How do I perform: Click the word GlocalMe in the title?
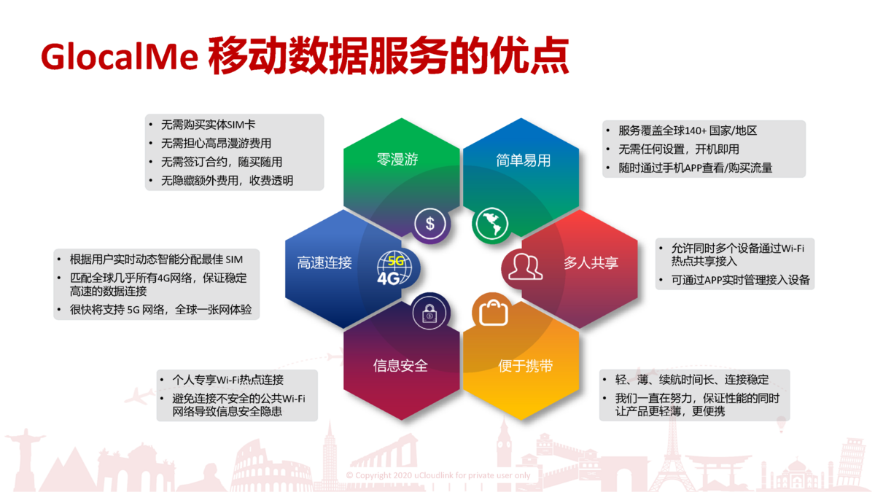pyautogui.click(x=120, y=57)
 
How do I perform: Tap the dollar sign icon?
pyautogui.click(x=429, y=224)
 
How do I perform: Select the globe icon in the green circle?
pyautogui.click(x=491, y=224)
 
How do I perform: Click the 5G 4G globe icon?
pyautogui.click(x=394, y=268)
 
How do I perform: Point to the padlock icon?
pyautogui.click(x=429, y=313)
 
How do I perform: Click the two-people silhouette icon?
pyautogui.click(x=524, y=267)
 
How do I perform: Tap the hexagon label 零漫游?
pyautogui.click(x=397, y=160)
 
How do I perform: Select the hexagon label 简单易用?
pyautogui.click(x=523, y=160)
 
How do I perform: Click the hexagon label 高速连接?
pyautogui.click(x=324, y=263)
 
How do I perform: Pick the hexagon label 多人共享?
pyautogui.click(x=591, y=262)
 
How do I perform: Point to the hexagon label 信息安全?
pyautogui.click(x=400, y=366)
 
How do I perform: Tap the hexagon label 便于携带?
pyautogui.click(x=526, y=366)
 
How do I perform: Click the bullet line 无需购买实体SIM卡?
pyautogui.click(x=208, y=125)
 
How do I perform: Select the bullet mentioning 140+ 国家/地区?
pyautogui.click(x=688, y=130)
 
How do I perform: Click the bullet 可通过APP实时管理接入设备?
pyautogui.click(x=740, y=280)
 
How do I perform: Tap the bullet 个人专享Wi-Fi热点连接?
pyautogui.click(x=227, y=380)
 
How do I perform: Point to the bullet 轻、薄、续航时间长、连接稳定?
pyautogui.click(x=692, y=379)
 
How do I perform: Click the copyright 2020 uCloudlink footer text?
pyautogui.click(x=438, y=475)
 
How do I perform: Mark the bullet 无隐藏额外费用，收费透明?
pyautogui.click(x=227, y=181)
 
